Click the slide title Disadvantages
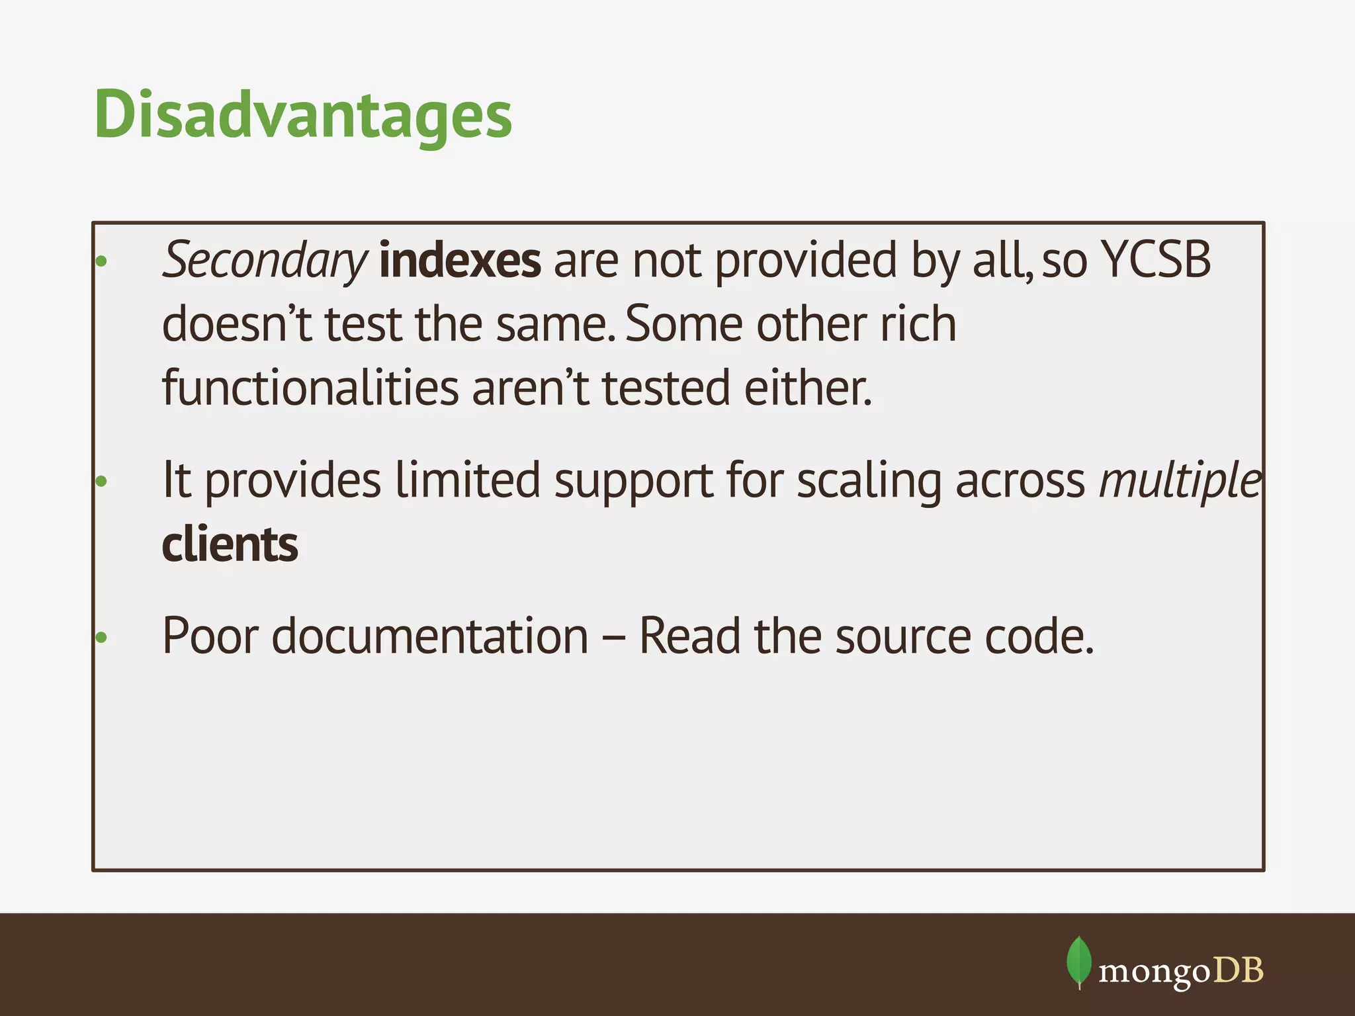tap(303, 115)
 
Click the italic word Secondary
tap(263, 261)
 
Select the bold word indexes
tap(460, 261)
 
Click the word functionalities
tap(310, 388)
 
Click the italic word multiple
tap(1180, 480)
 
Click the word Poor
tap(210, 636)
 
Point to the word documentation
tap(430, 636)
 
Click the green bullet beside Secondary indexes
tap(101, 261)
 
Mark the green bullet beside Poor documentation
tap(101, 638)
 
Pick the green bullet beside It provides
tap(101, 481)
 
